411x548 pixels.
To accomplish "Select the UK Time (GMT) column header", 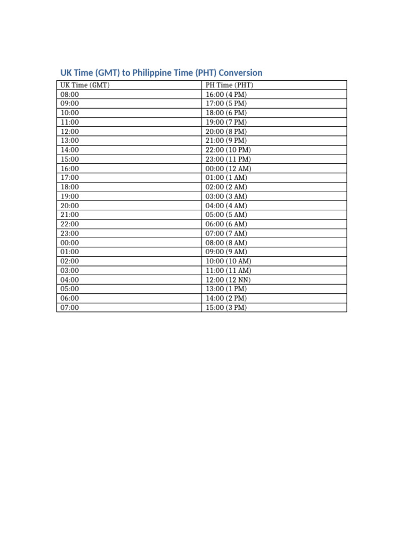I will [85, 85].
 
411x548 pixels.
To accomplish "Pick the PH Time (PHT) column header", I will [230, 85].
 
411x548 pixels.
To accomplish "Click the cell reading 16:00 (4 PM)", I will [226, 94].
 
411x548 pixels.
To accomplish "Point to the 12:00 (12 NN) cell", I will [228, 280].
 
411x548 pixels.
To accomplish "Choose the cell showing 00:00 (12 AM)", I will [229, 169].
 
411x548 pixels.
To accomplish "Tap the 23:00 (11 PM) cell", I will [228, 159].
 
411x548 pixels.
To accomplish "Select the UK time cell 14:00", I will [70, 150].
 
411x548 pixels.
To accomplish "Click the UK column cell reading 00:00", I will [70, 242].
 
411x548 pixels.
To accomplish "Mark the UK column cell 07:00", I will [70, 308].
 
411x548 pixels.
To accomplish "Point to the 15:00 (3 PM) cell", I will [226, 308].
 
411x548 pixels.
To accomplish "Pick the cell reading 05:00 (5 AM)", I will [226, 215].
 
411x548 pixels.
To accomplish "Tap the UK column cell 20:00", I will [70, 205].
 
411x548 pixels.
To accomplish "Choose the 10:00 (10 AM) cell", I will [229, 261].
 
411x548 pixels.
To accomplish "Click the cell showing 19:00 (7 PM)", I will [226, 122].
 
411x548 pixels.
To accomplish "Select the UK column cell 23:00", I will [70, 233].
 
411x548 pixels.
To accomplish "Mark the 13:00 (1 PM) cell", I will [226, 289].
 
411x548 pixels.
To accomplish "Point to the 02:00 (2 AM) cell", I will [226, 187].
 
